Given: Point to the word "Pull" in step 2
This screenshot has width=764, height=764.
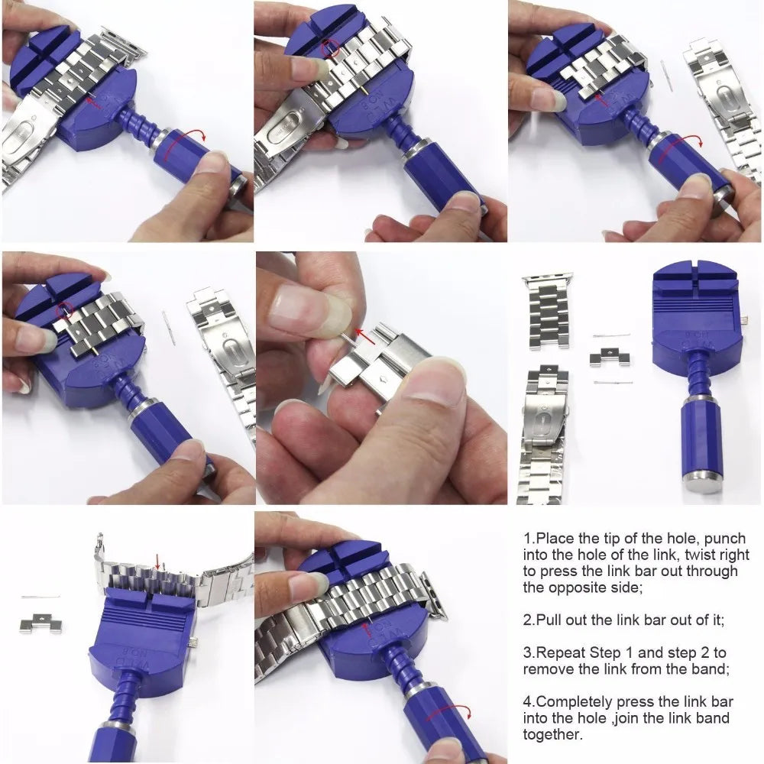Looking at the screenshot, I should click(558, 620).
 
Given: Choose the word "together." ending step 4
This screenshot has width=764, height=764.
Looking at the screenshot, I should click(552, 735).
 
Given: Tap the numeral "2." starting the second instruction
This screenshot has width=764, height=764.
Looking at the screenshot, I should click(529, 620).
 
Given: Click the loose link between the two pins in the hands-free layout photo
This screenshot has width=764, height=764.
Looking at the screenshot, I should click(610, 356).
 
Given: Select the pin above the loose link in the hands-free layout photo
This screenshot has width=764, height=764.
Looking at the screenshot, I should click(611, 335).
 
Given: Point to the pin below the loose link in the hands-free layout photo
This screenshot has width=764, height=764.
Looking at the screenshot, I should click(613, 381).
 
